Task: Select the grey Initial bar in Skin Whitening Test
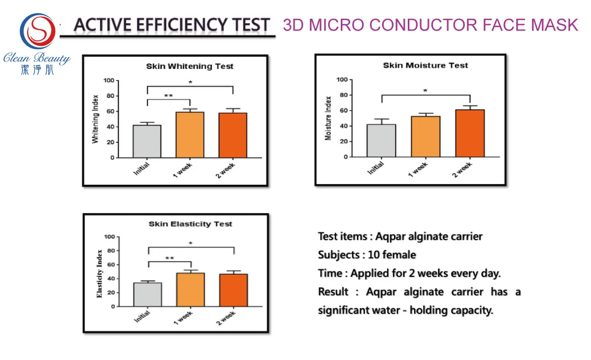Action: tap(147, 141)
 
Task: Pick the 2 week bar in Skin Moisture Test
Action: tap(470, 133)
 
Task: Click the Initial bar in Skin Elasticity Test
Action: tap(147, 295)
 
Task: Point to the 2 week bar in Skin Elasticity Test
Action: tap(233, 290)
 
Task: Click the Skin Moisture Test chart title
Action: tap(426, 65)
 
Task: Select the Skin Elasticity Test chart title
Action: tap(191, 224)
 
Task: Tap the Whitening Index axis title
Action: tap(96, 119)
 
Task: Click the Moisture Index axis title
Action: tap(328, 118)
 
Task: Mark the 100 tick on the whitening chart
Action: tap(108, 81)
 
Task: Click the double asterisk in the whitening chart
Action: tap(168, 96)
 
